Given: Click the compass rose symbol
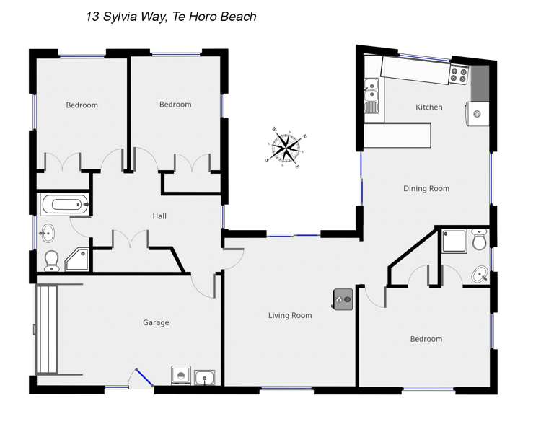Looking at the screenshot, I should (286, 148).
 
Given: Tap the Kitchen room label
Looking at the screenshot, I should (428, 107).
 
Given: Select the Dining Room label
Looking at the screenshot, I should (426, 189).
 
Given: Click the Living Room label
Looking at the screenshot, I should (290, 315).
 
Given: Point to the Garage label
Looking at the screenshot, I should (156, 322).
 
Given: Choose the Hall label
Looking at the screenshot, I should (159, 216).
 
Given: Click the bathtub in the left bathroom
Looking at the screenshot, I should (64, 205).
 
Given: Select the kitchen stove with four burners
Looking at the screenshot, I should (459, 74).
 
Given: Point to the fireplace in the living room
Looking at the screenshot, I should (343, 299).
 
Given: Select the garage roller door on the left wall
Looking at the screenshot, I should (46, 329).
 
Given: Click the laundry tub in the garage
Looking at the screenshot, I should (205, 376).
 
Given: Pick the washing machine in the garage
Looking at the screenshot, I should (180, 376).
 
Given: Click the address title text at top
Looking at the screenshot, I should (171, 17).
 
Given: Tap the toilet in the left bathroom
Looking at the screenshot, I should (51, 259).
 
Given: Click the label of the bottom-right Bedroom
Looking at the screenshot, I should (426, 339).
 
